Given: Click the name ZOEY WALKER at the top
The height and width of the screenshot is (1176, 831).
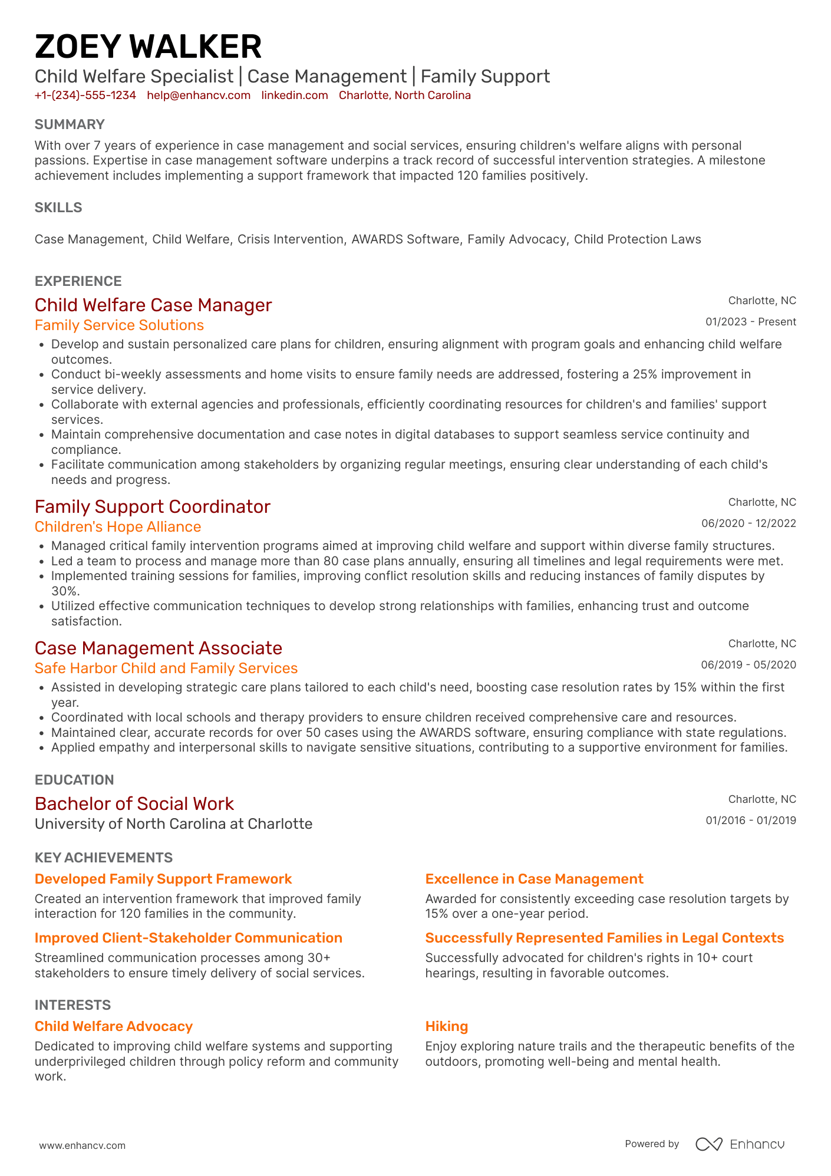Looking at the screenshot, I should [148, 47].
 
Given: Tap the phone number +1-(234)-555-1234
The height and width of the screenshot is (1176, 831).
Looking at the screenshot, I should [85, 95].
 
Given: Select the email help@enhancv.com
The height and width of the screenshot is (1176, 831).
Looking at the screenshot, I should [199, 95].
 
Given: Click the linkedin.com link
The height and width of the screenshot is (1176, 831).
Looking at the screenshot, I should [295, 95].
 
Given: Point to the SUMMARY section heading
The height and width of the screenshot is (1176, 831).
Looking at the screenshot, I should [70, 124].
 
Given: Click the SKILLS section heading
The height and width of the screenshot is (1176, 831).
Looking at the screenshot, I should [58, 207].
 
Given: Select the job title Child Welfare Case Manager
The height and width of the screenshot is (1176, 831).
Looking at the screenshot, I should [153, 305].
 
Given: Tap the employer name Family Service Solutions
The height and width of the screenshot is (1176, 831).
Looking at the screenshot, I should [119, 325].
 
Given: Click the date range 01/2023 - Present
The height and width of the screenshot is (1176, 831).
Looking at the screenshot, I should [750, 322].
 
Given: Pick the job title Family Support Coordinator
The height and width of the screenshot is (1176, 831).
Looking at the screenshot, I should [152, 507].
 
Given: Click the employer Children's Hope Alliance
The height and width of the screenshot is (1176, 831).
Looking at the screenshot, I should [118, 527].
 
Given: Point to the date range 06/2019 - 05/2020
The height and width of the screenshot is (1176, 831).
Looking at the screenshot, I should [748, 665].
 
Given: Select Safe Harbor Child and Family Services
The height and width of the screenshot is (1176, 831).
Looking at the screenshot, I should [166, 668].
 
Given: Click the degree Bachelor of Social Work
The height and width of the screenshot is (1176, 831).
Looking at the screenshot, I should [134, 804].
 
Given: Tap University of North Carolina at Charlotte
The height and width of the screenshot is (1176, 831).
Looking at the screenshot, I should [173, 824].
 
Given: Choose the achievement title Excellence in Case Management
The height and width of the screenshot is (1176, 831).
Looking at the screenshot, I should [534, 879].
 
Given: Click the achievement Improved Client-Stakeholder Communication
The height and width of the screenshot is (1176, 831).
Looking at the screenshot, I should [189, 938].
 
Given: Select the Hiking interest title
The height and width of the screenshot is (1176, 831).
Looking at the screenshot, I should [447, 1027].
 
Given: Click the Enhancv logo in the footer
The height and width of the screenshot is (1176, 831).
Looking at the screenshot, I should [740, 1144].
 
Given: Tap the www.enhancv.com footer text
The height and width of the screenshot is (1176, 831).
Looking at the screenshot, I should [83, 1146].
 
